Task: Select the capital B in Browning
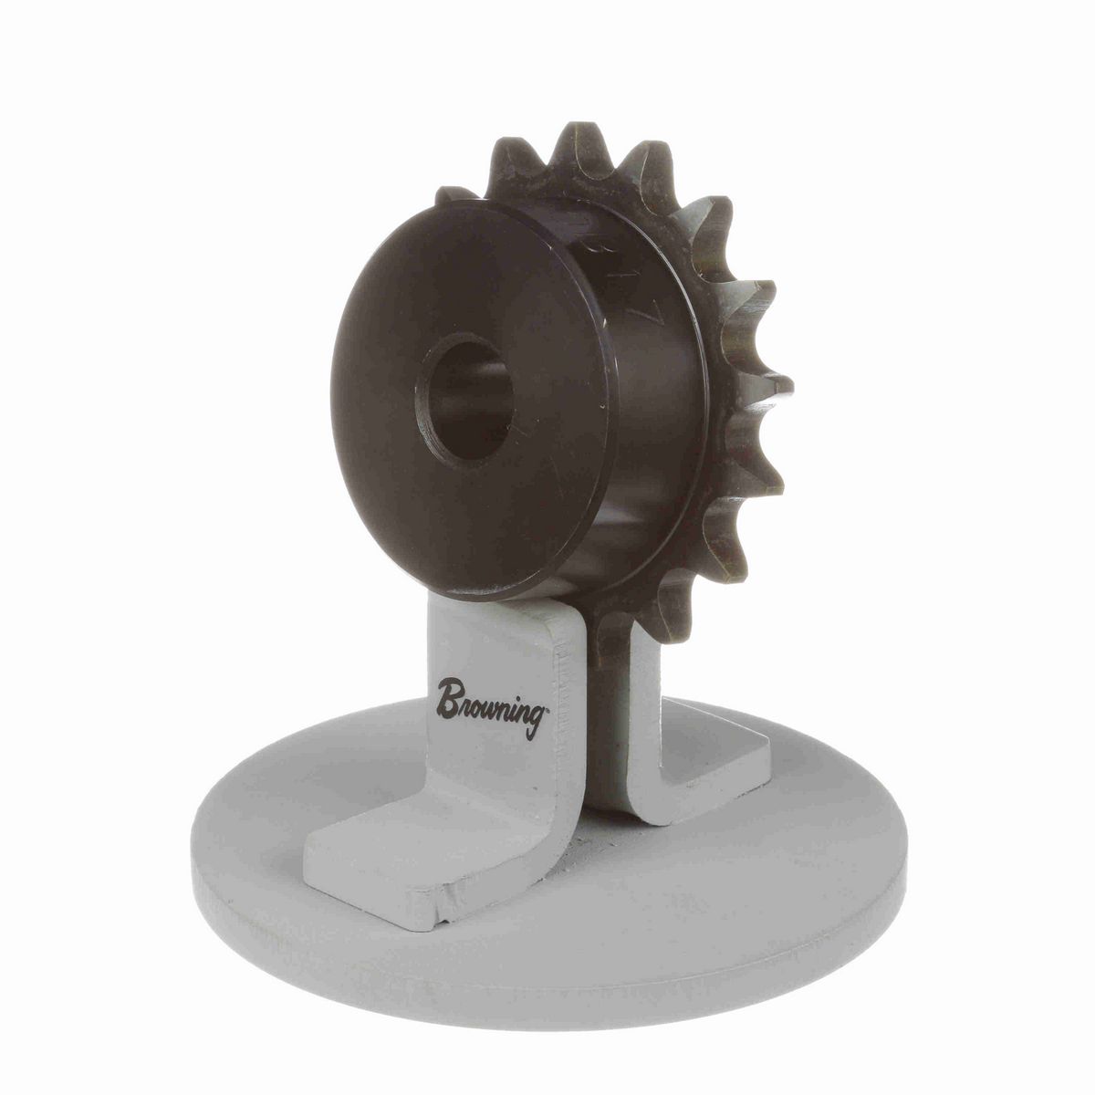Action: point(449,697)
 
